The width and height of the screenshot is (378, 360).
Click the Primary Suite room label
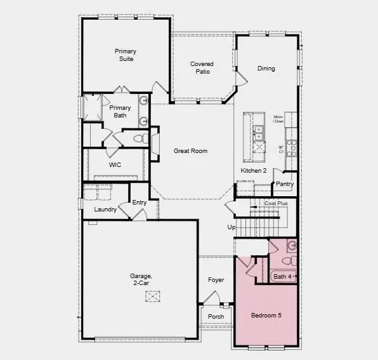(126, 55)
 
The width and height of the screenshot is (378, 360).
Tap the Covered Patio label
(202, 68)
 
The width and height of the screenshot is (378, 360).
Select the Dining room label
(266, 69)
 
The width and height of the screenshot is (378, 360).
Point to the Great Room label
(191, 150)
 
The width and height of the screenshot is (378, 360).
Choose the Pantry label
(285, 184)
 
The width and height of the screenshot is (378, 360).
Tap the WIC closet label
(115, 164)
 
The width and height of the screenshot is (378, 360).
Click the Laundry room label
(105, 209)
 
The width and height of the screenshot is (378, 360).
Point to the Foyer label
(216, 279)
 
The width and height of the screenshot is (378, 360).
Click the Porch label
(216, 316)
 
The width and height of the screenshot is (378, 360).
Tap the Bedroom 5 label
(266, 316)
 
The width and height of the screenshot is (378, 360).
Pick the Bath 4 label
(282, 276)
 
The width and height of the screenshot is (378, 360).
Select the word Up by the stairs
(231, 227)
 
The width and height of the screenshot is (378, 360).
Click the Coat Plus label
(277, 203)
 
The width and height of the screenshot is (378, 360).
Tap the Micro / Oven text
(278, 119)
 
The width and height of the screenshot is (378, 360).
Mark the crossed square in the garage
(153, 297)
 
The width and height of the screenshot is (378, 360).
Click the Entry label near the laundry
(140, 203)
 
